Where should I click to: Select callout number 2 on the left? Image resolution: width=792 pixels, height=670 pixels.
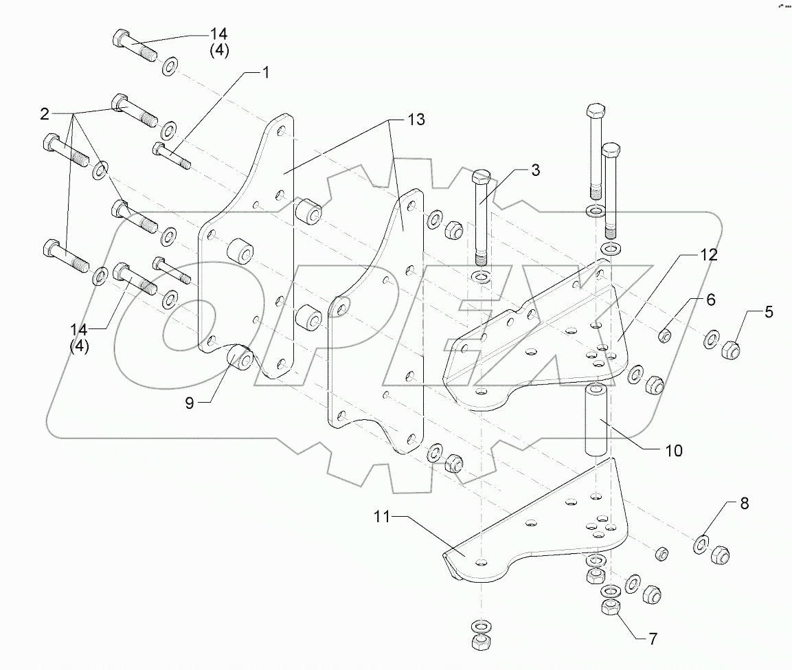click(44, 112)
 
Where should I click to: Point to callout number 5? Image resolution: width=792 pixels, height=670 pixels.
click(768, 312)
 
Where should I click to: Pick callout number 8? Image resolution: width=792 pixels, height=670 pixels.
click(744, 503)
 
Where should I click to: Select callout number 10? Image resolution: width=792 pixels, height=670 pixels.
click(673, 450)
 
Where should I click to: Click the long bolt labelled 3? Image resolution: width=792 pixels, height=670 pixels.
click(480, 220)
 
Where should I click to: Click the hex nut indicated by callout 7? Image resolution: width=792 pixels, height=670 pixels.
click(609, 607)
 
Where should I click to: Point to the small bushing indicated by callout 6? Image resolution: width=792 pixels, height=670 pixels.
click(664, 336)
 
